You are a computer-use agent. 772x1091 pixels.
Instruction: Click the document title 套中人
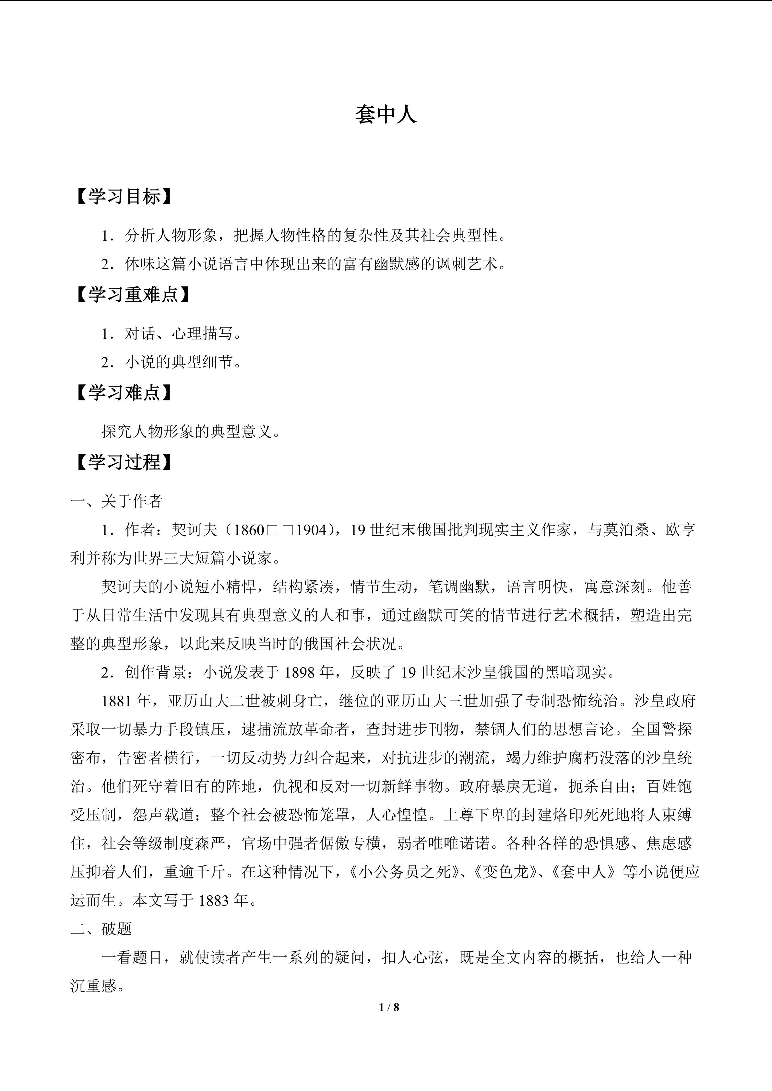pos(386,115)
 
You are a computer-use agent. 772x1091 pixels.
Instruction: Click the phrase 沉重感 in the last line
pos(93,986)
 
